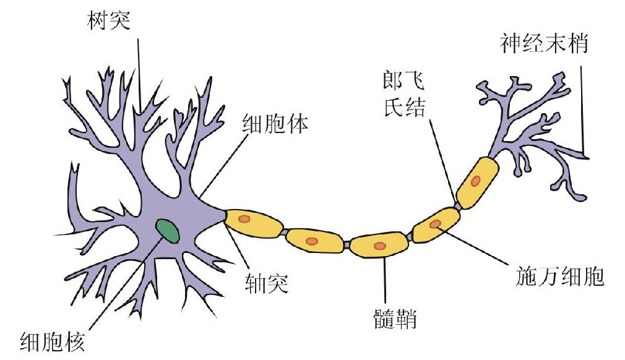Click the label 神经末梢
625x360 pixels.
pos(544,44)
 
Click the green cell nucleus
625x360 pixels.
pos(168,230)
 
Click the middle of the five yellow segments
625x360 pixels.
pos(379,245)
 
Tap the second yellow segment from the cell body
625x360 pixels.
pos(314,240)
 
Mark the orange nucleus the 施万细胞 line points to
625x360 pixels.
pos(436,224)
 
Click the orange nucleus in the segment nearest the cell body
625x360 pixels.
pos(245,219)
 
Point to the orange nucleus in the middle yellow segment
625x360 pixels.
pos(379,246)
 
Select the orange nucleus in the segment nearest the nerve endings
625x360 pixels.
pos(475,181)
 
